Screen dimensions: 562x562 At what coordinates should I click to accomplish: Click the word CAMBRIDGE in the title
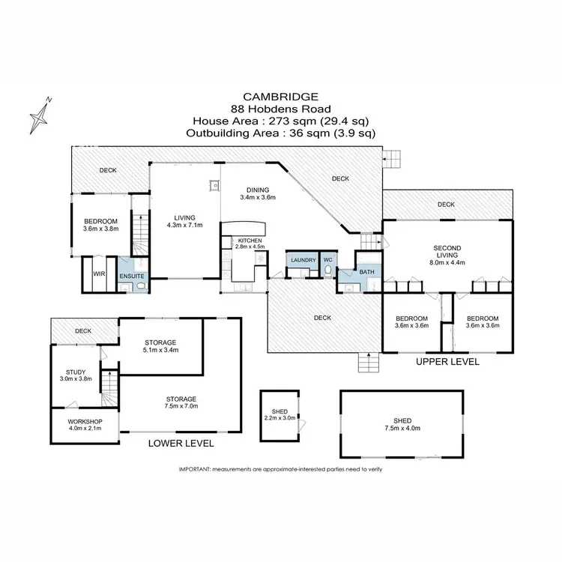[280, 97]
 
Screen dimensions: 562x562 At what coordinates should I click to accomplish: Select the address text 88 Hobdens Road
[280, 109]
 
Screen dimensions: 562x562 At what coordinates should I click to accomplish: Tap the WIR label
[97, 274]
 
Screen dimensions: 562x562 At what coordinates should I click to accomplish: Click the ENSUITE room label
[132, 277]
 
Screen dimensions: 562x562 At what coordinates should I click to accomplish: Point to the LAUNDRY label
[303, 260]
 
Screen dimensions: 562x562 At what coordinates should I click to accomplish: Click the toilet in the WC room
[327, 271]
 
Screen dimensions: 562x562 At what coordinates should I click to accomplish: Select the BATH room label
[366, 272]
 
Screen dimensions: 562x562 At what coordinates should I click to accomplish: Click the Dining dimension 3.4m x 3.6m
[259, 198]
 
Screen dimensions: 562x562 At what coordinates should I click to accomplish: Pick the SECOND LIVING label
[447, 251]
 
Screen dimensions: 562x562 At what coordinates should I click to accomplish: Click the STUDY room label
[76, 372]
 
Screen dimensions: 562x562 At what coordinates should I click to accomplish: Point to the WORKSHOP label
[85, 421]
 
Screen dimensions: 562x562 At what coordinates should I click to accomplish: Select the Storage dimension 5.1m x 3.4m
[160, 350]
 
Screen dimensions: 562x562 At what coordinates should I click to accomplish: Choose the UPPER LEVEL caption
[447, 362]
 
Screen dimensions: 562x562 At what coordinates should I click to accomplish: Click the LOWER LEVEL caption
[181, 444]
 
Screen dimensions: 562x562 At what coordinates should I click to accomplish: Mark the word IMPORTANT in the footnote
[194, 469]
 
